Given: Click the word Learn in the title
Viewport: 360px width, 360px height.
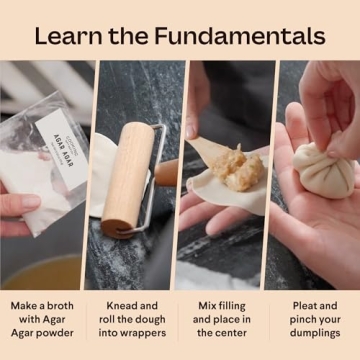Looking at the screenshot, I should [x=67, y=36].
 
